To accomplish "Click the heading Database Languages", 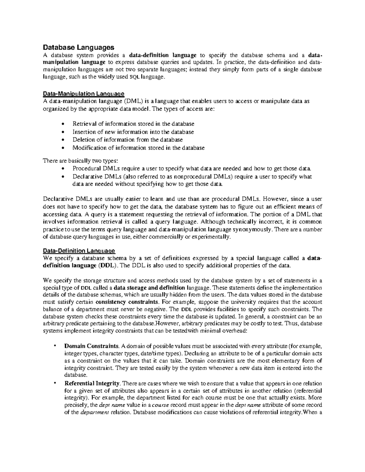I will tap(78, 47).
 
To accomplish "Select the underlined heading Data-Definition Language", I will tap(79, 251).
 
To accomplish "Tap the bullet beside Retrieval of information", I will tap(63, 124).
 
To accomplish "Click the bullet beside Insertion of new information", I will tap(63, 132).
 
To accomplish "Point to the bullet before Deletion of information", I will tap(63, 140).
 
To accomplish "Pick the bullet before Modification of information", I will tap(63, 148).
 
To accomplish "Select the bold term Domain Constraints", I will tap(91, 346).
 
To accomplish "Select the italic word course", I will tap(160, 405).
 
